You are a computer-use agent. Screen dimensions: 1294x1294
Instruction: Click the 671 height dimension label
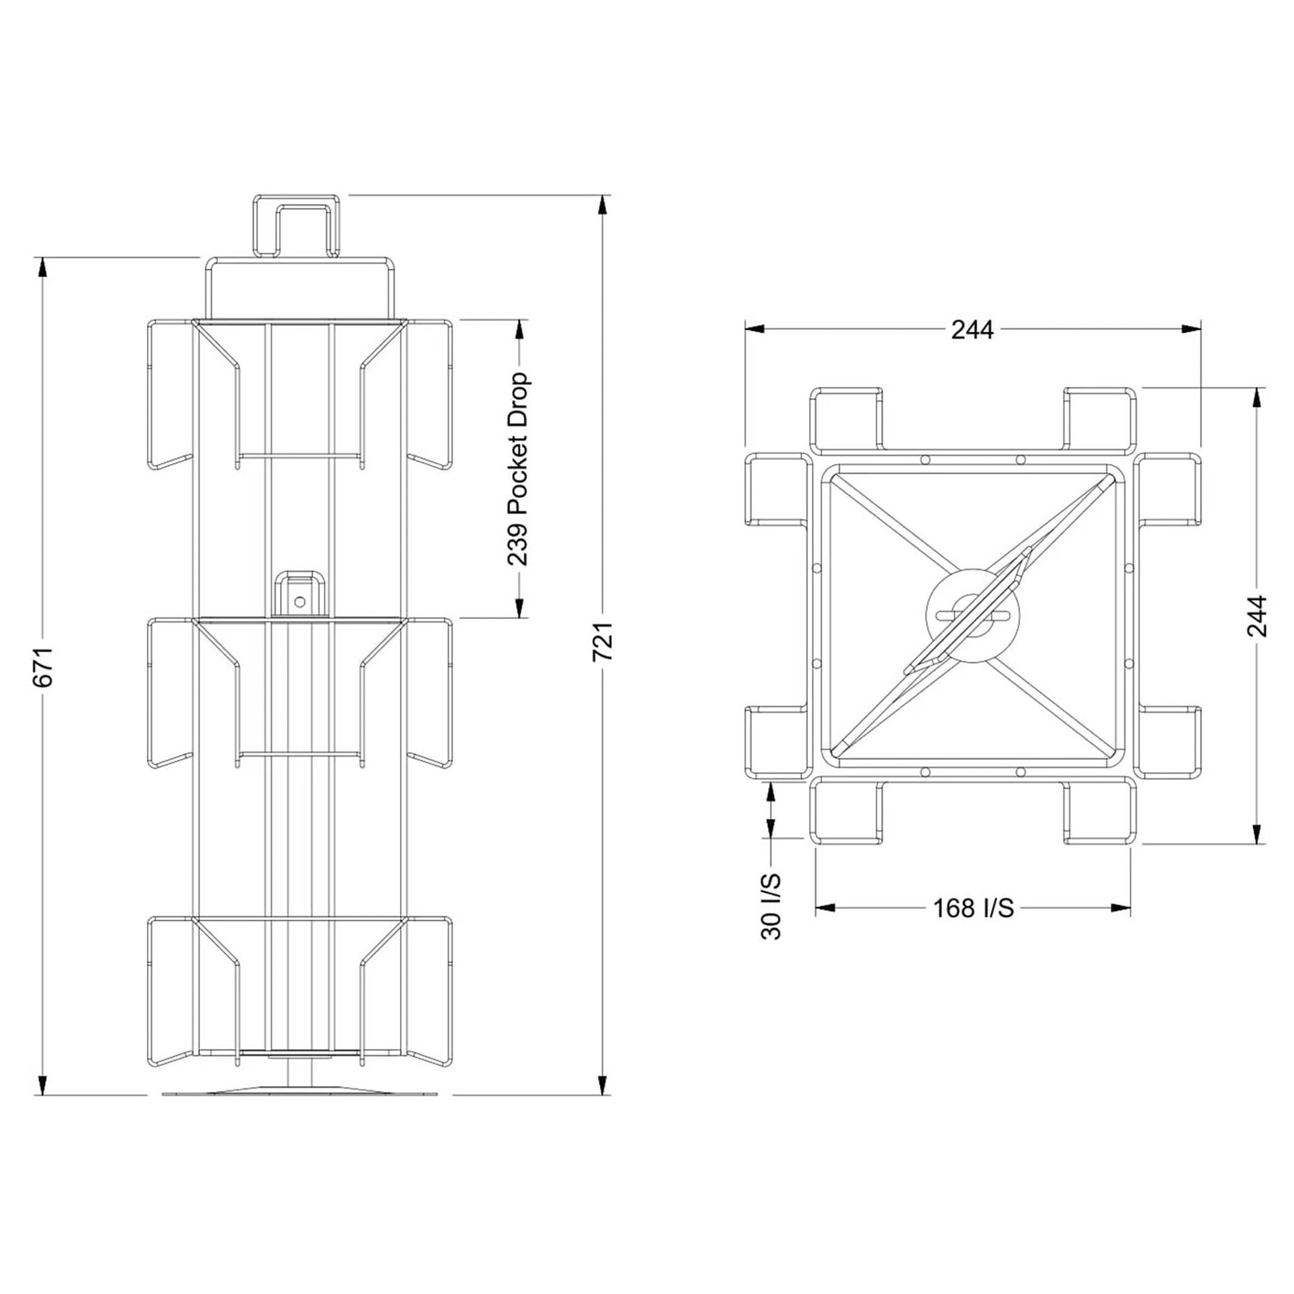(43, 667)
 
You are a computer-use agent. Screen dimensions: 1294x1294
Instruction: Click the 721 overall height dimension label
(604, 641)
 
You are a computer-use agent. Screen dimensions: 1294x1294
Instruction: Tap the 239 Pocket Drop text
(519, 469)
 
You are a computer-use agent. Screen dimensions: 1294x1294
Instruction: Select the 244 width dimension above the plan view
(973, 330)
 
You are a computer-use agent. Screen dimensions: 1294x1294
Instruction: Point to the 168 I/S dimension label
(973, 908)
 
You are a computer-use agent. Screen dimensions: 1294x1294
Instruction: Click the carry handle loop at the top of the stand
(296, 225)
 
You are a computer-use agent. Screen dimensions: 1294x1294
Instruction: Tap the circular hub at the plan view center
(973, 615)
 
